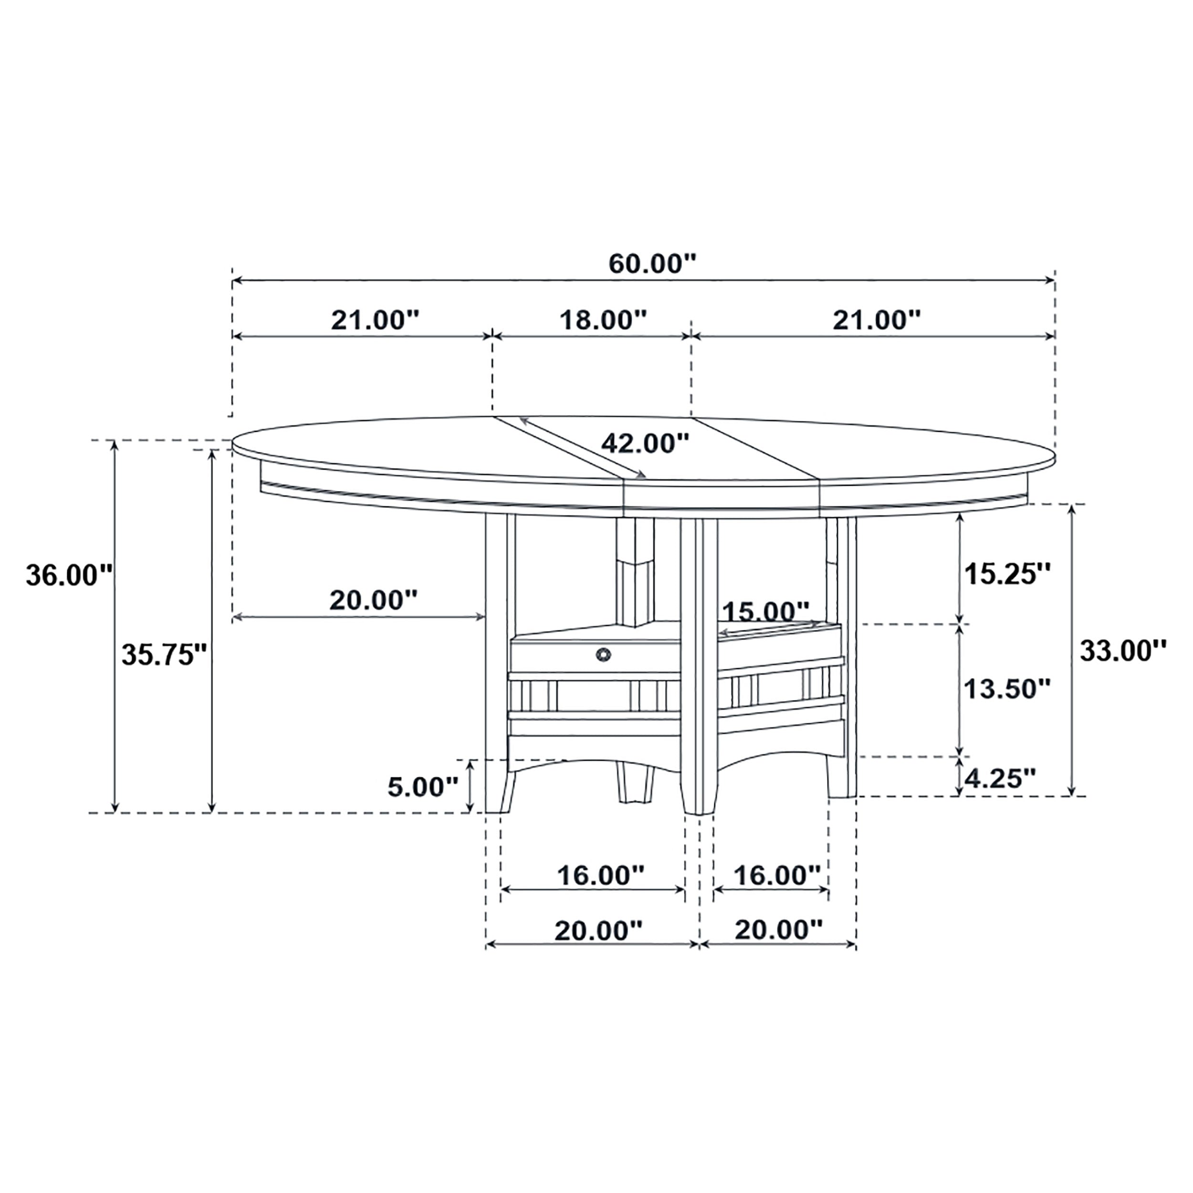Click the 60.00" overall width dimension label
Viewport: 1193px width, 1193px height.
[652, 264]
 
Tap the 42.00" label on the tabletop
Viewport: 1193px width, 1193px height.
[645, 443]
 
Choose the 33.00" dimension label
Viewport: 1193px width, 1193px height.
[1122, 650]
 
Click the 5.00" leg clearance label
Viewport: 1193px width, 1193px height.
[423, 787]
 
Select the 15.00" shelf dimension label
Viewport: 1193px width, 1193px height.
[766, 612]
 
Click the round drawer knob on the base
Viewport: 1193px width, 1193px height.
[603, 654]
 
